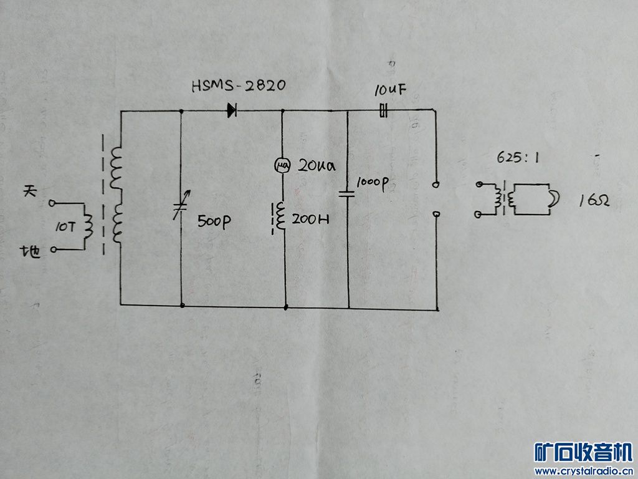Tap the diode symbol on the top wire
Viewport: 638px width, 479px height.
tap(232, 111)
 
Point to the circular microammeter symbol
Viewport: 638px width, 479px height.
tap(282, 165)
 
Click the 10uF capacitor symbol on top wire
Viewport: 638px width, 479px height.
tap(384, 112)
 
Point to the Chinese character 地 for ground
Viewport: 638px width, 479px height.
tap(31, 252)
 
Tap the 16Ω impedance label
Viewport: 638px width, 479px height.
tap(593, 201)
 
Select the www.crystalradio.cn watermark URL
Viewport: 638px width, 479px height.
tap(583, 470)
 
